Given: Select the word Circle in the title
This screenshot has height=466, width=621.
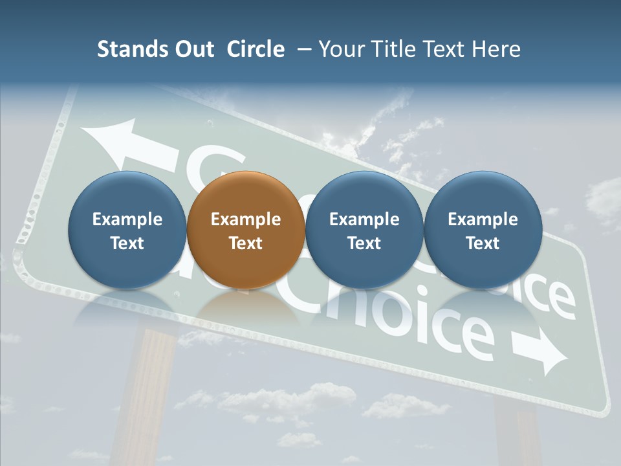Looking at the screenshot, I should [x=256, y=49].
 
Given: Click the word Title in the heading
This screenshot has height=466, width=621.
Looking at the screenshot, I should [x=393, y=49].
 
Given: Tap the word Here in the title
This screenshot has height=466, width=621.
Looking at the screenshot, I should [x=496, y=49].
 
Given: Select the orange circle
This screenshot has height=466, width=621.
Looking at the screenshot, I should [x=245, y=230].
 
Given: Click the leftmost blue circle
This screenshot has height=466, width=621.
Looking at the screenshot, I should [x=127, y=230].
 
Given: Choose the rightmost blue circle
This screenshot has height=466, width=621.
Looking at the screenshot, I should [x=483, y=230].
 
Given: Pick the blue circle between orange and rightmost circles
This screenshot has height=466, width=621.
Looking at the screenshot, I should [x=364, y=230].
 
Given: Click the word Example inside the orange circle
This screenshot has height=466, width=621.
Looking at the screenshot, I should [x=245, y=219].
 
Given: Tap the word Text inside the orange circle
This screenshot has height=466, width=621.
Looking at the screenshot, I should [x=245, y=243].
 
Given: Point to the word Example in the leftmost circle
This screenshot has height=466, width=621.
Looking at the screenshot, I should [x=127, y=219].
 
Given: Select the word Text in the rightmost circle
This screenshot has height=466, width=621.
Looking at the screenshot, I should [x=483, y=243].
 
